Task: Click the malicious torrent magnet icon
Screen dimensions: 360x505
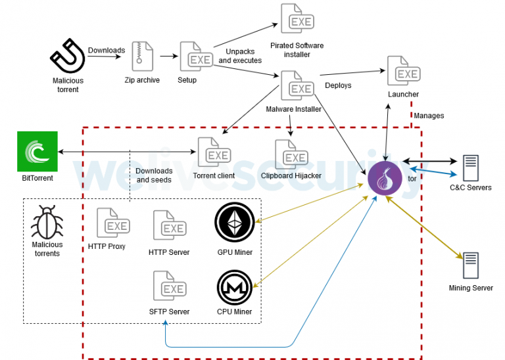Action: point(67,58)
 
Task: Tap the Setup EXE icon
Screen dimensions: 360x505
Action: point(196,58)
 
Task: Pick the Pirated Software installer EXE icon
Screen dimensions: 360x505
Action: point(297,20)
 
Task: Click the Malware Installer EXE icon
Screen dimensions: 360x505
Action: point(297,85)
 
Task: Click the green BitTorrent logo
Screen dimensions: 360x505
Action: point(37,152)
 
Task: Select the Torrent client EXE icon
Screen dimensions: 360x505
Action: point(214,152)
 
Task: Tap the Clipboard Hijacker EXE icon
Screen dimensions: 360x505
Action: point(291,154)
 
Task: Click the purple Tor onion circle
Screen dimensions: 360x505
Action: point(385,177)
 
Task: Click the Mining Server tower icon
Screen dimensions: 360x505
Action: point(469,265)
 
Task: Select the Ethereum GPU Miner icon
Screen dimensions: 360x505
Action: point(234,224)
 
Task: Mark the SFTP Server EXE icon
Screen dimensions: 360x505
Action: point(169,286)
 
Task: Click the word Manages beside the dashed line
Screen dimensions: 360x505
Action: point(429,116)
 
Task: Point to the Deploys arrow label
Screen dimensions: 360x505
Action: point(338,85)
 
